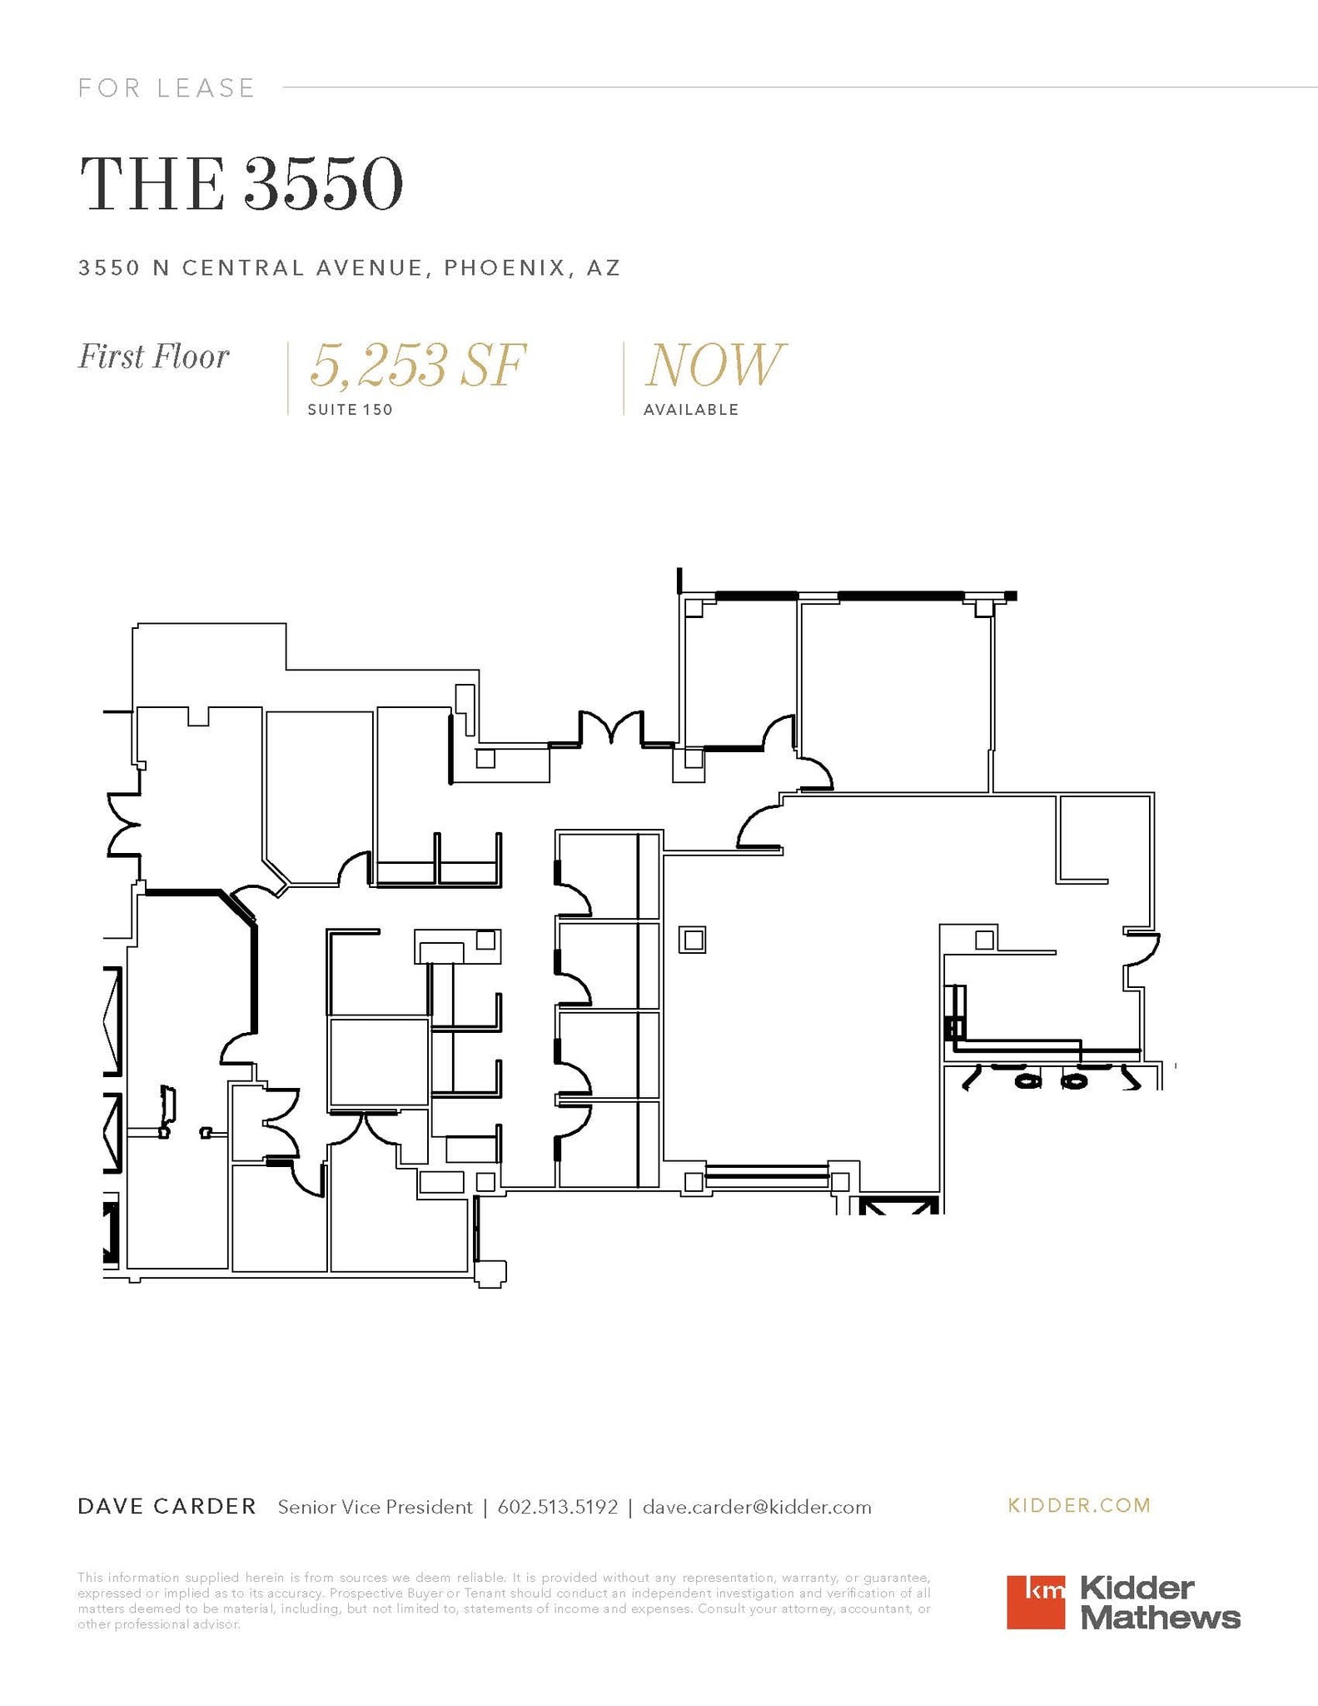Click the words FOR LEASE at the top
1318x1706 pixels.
point(167,87)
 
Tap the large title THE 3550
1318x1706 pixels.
point(241,183)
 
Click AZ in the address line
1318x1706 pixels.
point(604,267)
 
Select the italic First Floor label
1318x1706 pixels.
point(153,357)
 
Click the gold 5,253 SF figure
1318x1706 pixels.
point(418,365)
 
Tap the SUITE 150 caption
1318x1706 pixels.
point(350,410)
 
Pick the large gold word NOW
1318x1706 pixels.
point(714,365)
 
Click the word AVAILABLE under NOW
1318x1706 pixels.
point(691,410)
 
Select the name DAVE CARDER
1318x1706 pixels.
point(167,1506)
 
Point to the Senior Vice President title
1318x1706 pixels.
point(375,1507)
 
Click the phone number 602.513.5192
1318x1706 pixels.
point(558,1507)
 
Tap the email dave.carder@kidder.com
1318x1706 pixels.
point(757,1507)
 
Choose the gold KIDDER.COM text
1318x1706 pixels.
point(1079,1505)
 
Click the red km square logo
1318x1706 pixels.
point(1035,1601)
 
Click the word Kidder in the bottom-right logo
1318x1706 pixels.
point(1137,1588)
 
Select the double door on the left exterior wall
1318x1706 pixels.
point(123,825)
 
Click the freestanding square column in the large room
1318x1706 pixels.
point(693,940)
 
